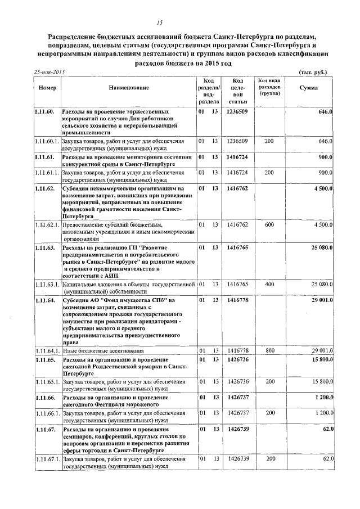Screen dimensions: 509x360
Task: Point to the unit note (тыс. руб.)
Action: pyautogui.click(x=313, y=73)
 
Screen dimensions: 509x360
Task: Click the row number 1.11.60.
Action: pyautogui.click(x=43, y=112)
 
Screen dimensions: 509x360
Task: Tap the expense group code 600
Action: pyautogui.click(x=269, y=225)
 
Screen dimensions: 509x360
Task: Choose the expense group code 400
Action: pyautogui.click(x=269, y=285)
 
